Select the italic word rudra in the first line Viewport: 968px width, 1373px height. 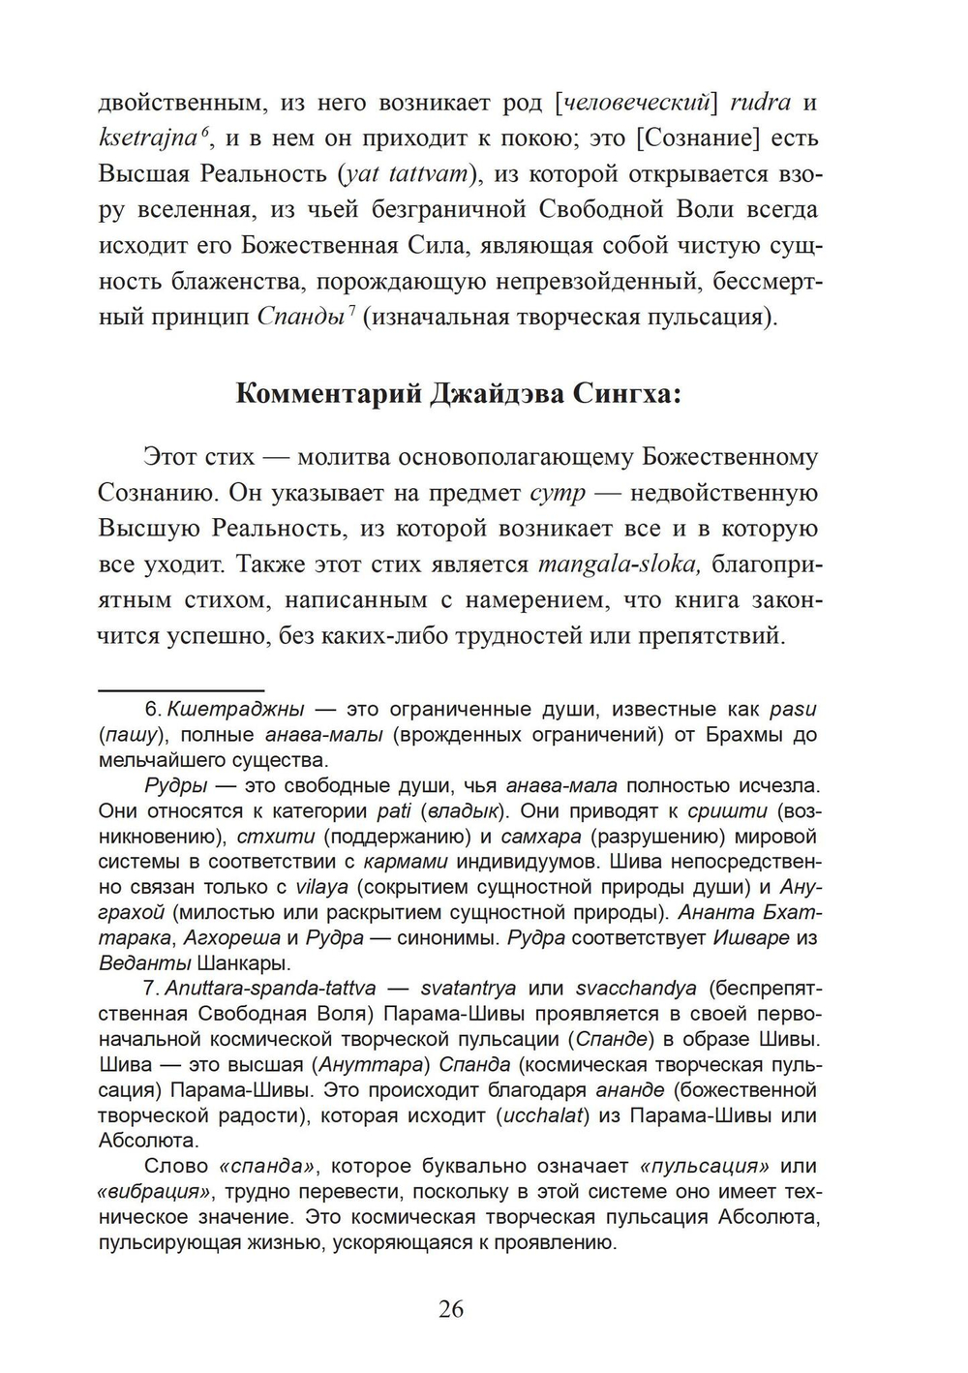click(759, 102)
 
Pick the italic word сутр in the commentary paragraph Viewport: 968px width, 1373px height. click(559, 493)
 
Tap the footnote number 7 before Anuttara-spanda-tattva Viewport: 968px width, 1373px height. click(150, 989)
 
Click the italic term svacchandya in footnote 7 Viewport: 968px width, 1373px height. click(635, 989)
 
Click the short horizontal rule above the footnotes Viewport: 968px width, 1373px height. click(181, 689)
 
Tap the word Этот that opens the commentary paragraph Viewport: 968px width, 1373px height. click(170, 457)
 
